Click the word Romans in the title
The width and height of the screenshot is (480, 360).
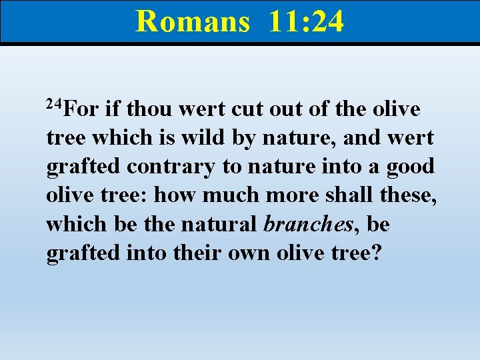pos(192,21)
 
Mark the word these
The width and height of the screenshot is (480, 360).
pos(407,195)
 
